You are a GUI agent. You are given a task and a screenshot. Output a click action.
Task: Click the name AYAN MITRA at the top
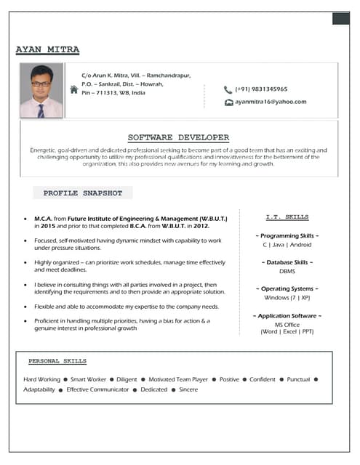[x=47, y=49]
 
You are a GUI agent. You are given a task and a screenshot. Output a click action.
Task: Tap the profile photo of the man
[x=41, y=91]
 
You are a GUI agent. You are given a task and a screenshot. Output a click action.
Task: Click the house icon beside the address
[x=73, y=89]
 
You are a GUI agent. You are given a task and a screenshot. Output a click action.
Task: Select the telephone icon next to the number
[x=228, y=89]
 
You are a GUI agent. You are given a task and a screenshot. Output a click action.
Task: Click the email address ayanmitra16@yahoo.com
[x=271, y=102]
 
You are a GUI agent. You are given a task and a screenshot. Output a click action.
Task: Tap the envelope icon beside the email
[x=228, y=102]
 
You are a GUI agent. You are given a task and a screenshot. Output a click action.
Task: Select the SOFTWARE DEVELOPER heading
[x=178, y=137]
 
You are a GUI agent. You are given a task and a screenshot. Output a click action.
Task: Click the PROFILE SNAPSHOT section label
[x=83, y=193]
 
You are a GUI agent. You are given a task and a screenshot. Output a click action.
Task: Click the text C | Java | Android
[x=287, y=245]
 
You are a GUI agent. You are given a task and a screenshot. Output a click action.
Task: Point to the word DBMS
[x=287, y=271]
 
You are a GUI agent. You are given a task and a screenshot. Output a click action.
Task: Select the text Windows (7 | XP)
[x=287, y=297]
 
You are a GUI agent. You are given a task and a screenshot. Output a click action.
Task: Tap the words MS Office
[x=287, y=324]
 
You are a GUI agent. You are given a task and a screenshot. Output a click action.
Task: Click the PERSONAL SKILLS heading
[x=57, y=360]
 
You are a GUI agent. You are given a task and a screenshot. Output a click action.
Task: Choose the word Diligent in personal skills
[x=127, y=379]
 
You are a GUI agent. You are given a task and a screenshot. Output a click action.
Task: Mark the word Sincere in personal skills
[x=188, y=389]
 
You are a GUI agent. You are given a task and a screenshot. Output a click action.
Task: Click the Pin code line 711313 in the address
[x=113, y=93]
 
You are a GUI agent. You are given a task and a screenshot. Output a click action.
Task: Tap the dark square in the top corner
[x=340, y=18]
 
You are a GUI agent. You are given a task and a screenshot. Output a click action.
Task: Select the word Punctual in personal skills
[x=298, y=379]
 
